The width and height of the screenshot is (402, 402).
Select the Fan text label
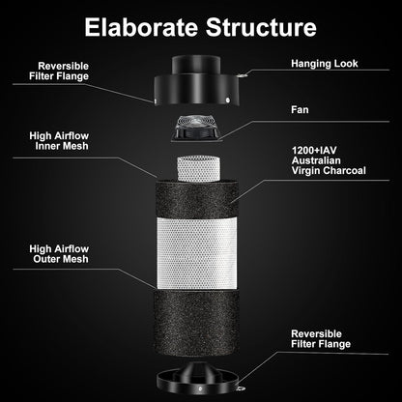click(301, 110)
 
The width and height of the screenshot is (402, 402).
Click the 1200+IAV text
click(317, 151)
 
